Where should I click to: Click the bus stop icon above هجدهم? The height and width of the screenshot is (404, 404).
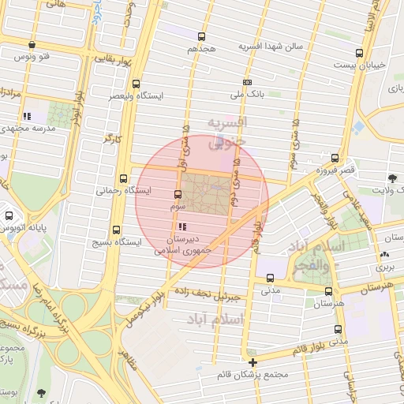[x=201, y=36]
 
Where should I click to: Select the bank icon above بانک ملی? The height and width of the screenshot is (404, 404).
[x=248, y=82]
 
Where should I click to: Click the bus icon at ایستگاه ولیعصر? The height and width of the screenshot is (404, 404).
[x=137, y=83]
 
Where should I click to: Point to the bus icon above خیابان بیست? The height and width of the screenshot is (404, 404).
[x=360, y=53]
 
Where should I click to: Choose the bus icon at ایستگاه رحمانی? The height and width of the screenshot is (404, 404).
[x=122, y=178]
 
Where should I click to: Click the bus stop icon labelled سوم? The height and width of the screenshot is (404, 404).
[x=178, y=194]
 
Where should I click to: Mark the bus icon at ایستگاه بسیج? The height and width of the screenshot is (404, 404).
[x=116, y=230]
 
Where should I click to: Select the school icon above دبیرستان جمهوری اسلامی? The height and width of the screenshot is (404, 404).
[x=184, y=226]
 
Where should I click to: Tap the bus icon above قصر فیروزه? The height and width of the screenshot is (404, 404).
[x=335, y=158]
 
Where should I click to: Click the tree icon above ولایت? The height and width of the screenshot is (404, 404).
[x=393, y=178]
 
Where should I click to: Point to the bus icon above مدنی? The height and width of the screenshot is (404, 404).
[x=271, y=278]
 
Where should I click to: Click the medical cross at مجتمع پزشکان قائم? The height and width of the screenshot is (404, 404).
[x=252, y=362]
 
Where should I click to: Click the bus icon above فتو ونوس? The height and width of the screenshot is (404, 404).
[x=32, y=45]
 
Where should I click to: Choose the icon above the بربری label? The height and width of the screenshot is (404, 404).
[x=384, y=255]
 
